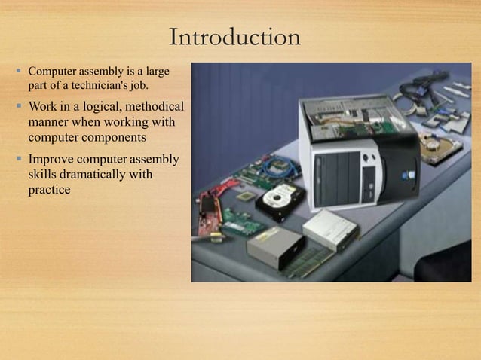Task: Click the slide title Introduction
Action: tap(235, 37)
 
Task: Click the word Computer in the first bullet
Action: tap(52, 72)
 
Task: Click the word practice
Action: tap(50, 190)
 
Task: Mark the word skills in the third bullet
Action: tap(44, 175)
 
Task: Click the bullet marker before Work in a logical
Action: tap(18, 105)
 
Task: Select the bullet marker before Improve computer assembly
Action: tap(18, 159)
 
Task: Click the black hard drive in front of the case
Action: tap(279, 201)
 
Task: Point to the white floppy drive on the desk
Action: tap(330, 228)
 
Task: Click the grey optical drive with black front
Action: tap(276, 248)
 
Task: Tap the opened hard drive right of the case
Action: tap(438, 148)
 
